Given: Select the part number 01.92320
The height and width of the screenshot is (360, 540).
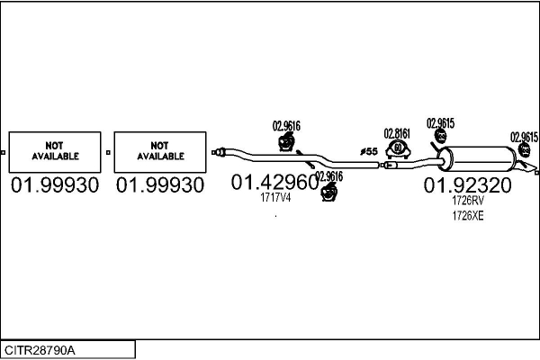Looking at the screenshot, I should [467, 185].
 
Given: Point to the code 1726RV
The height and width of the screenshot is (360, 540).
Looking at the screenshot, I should [468, 202].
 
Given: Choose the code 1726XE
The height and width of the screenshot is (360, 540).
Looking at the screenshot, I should [468, 216].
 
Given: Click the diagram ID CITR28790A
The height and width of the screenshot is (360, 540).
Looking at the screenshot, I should [40, 349].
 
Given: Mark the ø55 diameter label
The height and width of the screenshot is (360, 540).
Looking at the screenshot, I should [368, 152].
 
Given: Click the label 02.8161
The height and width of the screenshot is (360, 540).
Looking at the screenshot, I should [397, 133].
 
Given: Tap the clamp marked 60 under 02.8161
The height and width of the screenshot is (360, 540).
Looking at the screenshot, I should [398, 148].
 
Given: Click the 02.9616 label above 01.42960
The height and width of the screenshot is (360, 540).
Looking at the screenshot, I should [286, 126].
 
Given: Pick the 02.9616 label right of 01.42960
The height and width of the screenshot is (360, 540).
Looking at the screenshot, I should [328, 176].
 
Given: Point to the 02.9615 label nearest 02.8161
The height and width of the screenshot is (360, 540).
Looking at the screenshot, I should [440, 123].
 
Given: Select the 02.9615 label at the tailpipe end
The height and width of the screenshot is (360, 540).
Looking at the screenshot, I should [524, 137].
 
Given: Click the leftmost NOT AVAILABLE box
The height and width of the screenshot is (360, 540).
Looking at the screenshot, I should [56, 151].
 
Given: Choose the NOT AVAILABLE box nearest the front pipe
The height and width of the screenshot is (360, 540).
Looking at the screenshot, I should [160, 151].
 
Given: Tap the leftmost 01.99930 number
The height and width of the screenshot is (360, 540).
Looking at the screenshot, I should [55, 185].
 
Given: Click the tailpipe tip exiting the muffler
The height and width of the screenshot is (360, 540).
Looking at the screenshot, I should [534, 170].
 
